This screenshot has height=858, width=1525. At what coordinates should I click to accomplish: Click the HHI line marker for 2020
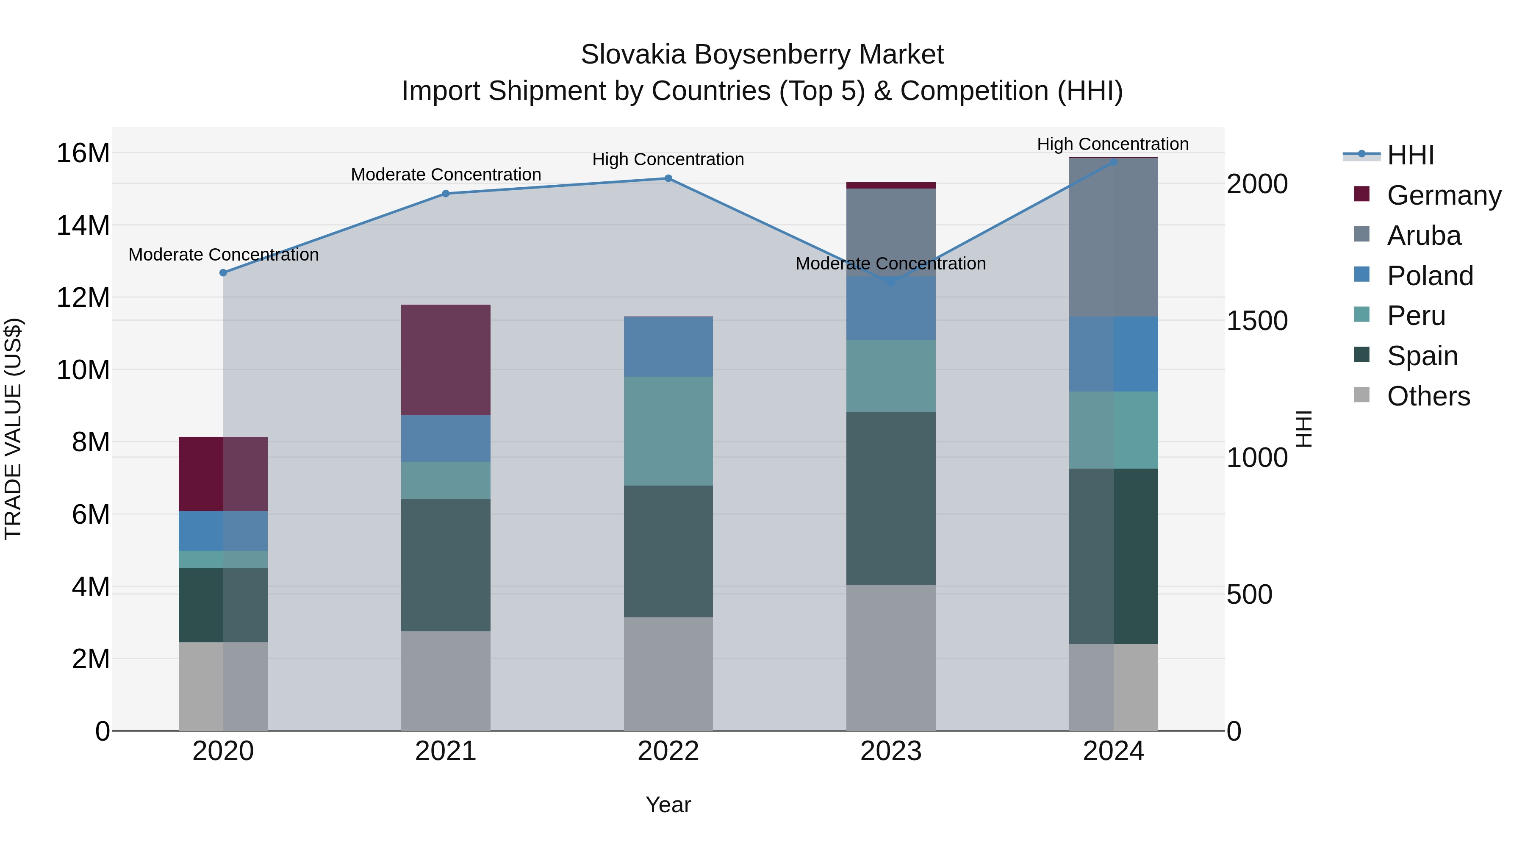[x=223, y=273]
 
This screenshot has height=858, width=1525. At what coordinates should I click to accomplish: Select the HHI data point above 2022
[x=668, y=178]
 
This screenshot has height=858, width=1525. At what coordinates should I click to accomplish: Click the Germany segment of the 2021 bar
[x=446, y=360]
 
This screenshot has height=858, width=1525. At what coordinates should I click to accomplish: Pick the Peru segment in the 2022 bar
[x=668, y=431]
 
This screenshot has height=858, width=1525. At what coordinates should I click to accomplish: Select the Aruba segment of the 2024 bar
[x=1114, y=237]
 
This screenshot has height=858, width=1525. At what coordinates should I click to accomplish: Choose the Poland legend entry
[x=1430, y=276]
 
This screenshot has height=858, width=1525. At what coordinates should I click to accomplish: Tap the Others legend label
[x=1428, y=396]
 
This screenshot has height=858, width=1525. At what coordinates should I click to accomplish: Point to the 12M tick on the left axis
[x=83, y=297]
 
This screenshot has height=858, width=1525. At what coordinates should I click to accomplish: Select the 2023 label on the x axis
[x=891, y=751]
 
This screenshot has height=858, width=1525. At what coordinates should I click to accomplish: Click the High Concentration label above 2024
[x=1112, y=144]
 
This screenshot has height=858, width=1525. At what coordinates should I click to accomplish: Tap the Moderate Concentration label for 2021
[x=446, y=175]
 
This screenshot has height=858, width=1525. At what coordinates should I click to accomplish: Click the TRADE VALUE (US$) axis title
[x=13, y=429]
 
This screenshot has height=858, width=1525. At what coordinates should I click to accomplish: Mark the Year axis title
[x=668, y=805]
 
